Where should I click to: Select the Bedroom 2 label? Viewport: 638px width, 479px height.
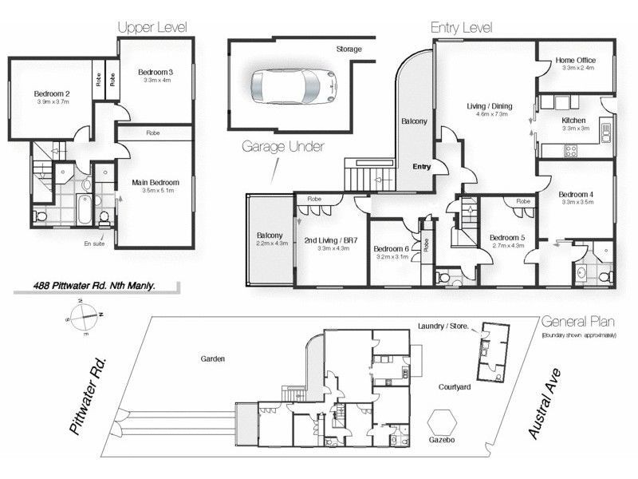click(x=53, y=93)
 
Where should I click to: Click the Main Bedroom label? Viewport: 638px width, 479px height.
click(x=156, y=183)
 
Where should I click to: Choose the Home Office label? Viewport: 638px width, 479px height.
click(x=576, y=60)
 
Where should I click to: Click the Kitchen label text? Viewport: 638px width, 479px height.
click(x=573, y=120)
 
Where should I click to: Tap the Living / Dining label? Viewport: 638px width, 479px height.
click(x=489, y=105)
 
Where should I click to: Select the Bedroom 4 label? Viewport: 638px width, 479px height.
click(x=576, y=194)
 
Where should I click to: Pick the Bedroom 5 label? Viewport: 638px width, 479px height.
click(x=506, y=237)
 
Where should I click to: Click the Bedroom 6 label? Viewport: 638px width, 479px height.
click(x=392, y=249)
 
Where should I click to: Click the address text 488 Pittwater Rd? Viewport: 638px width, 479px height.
click(x=93, y=284)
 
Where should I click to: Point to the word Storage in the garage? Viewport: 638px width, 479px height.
click(x=347, y=49)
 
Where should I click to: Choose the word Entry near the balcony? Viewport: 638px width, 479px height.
click(x=421, y=167)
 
